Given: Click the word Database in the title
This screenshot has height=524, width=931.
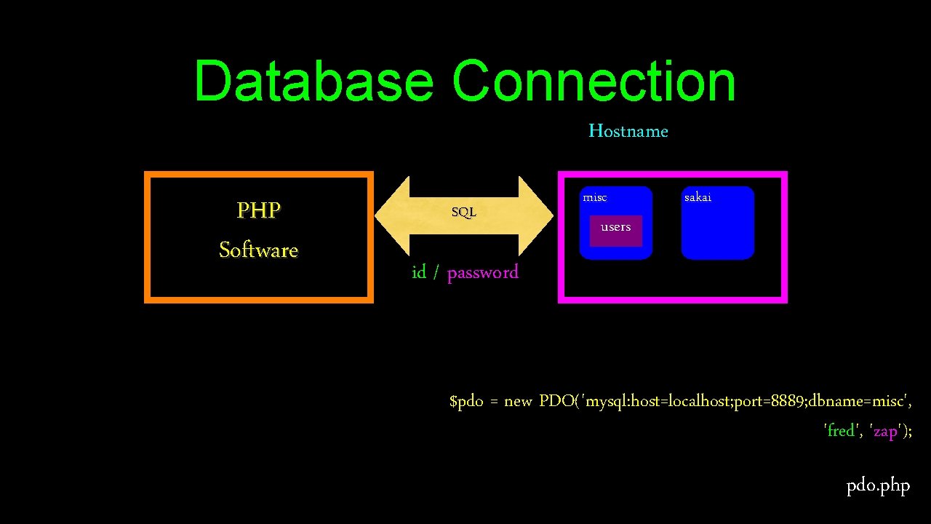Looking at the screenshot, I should pos(313,81).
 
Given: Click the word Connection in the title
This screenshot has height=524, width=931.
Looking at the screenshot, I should pos(594,81).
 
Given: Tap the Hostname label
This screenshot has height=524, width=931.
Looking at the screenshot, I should pos(628,131).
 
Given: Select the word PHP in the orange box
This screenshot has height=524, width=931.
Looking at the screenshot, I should pos(258,210).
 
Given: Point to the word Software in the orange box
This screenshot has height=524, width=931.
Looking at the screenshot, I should pos(258,250).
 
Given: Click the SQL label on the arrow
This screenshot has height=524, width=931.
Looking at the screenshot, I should pos(463,213).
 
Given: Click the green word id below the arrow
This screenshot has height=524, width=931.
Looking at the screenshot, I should pos(419,273).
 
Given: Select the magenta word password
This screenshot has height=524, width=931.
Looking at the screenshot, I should pos(482,273).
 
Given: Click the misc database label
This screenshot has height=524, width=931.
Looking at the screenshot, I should pos(594,197).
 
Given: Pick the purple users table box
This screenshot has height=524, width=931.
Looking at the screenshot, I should pos(615,231).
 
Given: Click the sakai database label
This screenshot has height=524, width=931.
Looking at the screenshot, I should pos(698,197).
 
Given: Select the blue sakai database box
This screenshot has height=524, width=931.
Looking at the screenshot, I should pos(717,229).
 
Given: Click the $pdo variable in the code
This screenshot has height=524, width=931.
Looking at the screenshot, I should pos(466,402).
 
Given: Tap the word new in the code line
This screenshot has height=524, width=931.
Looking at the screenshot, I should pos(518,402).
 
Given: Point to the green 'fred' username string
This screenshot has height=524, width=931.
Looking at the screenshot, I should pos(841,431).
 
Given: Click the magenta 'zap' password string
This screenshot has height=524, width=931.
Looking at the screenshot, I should pos(884,431).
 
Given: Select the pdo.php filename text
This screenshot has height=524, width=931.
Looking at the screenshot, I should pos(878,485).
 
